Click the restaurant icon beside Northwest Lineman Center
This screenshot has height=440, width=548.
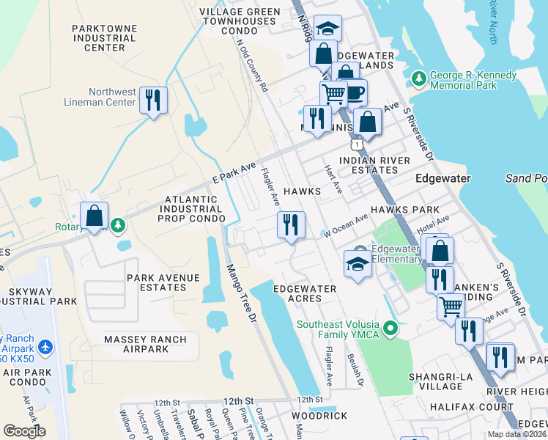click(152, 100)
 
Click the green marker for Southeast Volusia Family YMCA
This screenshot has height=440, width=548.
click(391, 327)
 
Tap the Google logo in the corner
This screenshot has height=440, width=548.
click(24, 430)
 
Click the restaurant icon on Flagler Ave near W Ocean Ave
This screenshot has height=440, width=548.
click(291, 224)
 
